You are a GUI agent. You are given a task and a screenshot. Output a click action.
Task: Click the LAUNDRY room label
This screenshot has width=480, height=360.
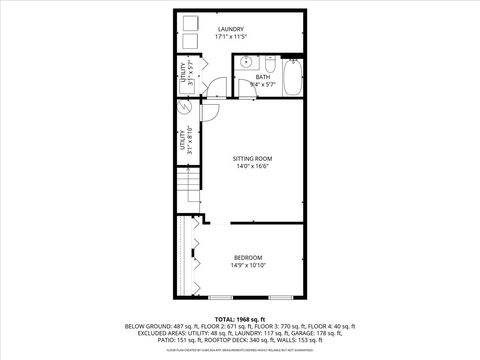pos(231,30)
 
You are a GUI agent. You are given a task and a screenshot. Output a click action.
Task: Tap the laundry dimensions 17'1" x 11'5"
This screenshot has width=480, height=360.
pos(231,38)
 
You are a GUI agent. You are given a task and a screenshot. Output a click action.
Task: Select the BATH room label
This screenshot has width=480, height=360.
pos(262,77)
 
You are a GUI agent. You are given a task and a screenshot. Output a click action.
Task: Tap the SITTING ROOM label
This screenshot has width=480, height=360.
pos(252,159)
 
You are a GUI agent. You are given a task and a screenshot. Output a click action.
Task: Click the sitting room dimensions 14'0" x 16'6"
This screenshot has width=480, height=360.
pos(252,167)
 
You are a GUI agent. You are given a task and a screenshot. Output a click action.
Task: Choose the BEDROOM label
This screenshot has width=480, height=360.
pos(247,257)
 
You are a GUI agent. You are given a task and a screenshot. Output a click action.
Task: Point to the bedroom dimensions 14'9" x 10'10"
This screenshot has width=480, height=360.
pos(247,265)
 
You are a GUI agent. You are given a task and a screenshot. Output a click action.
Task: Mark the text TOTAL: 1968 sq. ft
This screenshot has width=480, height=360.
pos(239,318)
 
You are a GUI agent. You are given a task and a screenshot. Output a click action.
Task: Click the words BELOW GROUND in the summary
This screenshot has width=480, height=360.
pos(145,326)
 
